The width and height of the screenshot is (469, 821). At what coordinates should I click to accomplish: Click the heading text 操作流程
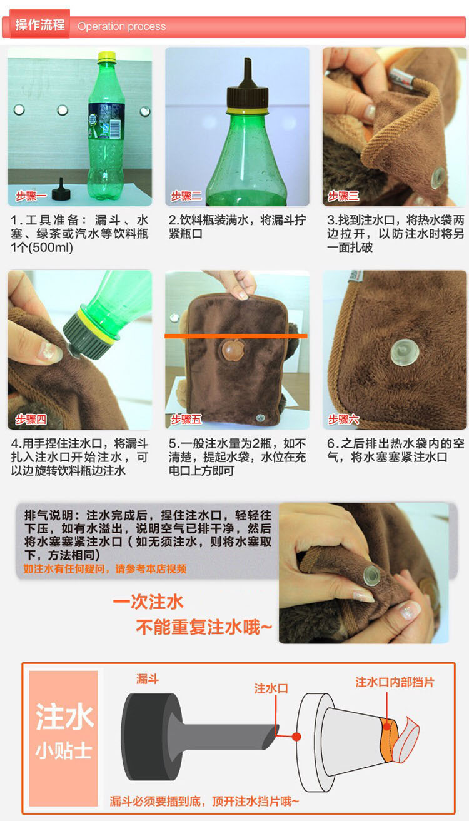coord(40,25)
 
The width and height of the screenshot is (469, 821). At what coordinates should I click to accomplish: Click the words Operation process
coord(122,26)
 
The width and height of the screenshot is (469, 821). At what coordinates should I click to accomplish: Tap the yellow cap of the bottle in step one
coord(107,56)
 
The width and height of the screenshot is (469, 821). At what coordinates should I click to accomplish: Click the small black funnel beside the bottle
coord(61,189)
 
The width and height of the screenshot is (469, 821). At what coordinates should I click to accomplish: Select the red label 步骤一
coord(31,196)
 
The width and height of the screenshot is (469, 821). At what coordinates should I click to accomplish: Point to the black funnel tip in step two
coord(248,72)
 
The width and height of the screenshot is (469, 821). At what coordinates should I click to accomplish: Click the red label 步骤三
coord(343,196)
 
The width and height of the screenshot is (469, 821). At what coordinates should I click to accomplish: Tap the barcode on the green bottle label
coord(116,129)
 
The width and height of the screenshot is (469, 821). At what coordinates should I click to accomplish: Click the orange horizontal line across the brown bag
coord(236,336)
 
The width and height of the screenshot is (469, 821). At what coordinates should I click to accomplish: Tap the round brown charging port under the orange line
coord(233,350)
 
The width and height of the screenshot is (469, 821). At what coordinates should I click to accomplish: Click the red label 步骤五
coord(186,420)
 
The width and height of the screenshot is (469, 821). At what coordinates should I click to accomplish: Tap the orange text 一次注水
coord(148,602)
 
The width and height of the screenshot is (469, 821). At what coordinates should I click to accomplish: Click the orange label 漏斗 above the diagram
coord(148,679)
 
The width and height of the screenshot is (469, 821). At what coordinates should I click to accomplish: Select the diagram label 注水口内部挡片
coord(395,682)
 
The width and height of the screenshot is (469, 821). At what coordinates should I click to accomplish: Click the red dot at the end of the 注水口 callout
coord(296,737)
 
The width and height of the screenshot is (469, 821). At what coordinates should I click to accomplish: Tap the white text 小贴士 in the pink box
coord(63,751)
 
